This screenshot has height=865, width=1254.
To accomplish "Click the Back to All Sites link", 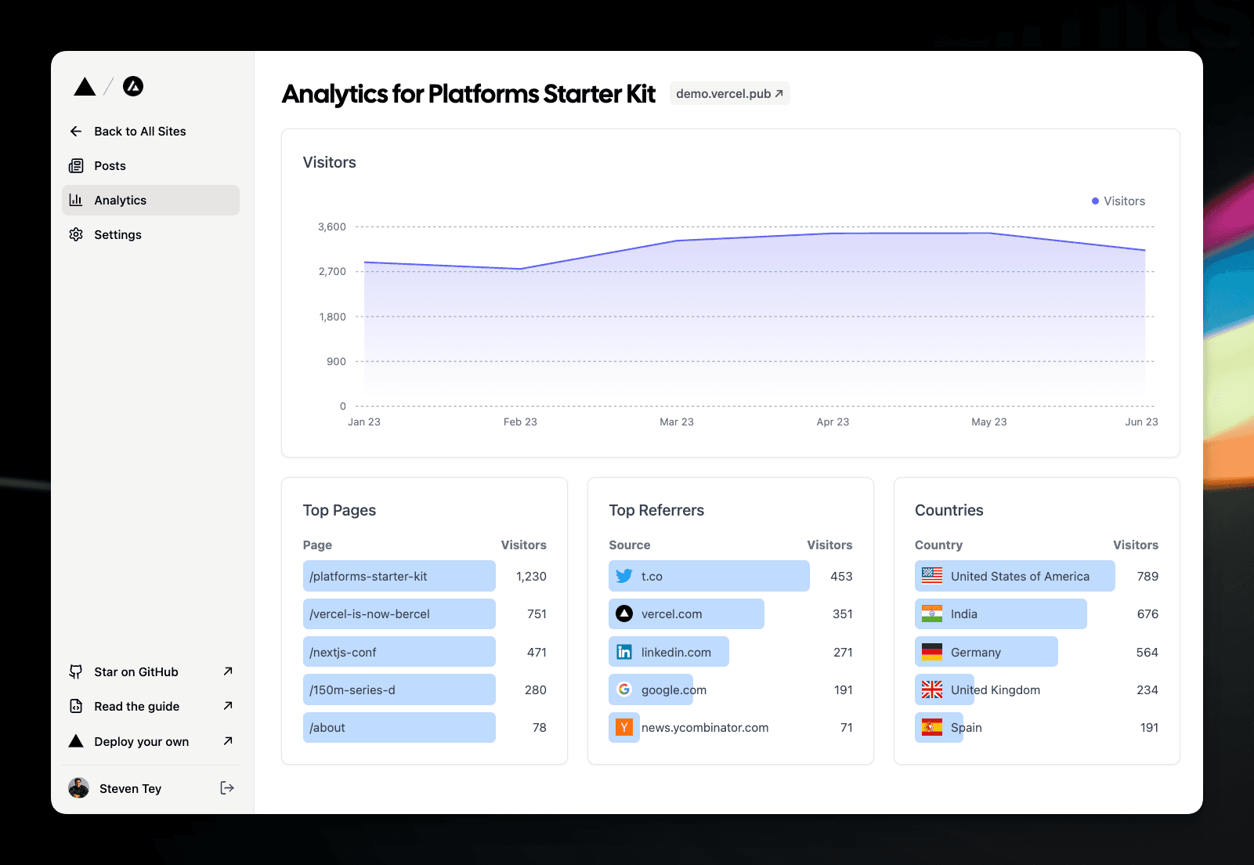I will (x=139, y=132).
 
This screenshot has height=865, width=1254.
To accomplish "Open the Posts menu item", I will (x=110, y=166).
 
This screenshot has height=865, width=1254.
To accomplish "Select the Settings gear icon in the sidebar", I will (x=76, y=235).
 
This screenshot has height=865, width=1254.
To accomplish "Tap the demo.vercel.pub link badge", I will (x=729, y=94).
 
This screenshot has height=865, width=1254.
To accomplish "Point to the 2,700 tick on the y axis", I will (x=332, y=272).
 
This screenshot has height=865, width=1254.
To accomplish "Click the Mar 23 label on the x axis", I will (x=677, y=422).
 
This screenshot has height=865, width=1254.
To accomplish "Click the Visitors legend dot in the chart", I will (x=1095, y=201).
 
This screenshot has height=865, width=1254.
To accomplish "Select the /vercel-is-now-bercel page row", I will (x=399, y=614).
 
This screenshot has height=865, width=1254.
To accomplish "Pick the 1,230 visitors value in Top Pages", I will (x=531, y=577).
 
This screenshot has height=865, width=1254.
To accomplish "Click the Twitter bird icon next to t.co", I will (x=624, y=577).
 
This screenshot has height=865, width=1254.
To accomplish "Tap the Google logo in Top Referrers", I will (x=624, y=689).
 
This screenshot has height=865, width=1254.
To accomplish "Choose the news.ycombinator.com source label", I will (x=705, y=728).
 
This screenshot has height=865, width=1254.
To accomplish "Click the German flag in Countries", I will (x=932, y=652).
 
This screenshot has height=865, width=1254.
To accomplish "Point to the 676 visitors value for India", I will (x=1147, y=614).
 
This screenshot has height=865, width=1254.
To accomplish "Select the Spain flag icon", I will (x=932, y=728).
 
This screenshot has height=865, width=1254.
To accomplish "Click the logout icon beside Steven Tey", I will (x=227, y=788).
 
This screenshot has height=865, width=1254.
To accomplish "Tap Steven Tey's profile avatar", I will (x=79, y=788).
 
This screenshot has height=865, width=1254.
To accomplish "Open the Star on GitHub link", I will (x=136, y=672).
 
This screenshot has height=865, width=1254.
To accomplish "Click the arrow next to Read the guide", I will (x=228, y=706).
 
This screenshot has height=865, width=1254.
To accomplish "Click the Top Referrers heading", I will (x=656, y=511).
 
